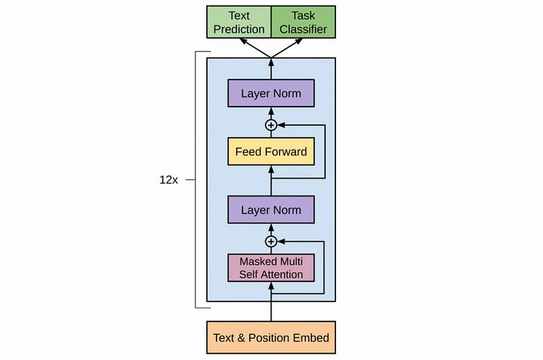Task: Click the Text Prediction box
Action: coord(239,22)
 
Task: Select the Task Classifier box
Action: coord(303,22)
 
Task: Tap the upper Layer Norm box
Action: coord(271,93)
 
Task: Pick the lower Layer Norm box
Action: coord(271,210)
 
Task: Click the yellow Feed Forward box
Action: coord(271,151)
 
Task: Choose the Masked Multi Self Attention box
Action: coord(271,268)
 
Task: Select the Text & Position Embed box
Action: coord(271,337)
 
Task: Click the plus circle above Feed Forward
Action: coord(271,125)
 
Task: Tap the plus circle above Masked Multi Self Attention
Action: coord(271,241)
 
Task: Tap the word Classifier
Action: coord(303,29)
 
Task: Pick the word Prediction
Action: coord(239,29)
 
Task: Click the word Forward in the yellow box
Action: coord(288,151)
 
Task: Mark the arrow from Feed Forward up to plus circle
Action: coord(271,134)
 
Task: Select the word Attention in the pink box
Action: coord(286,274)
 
